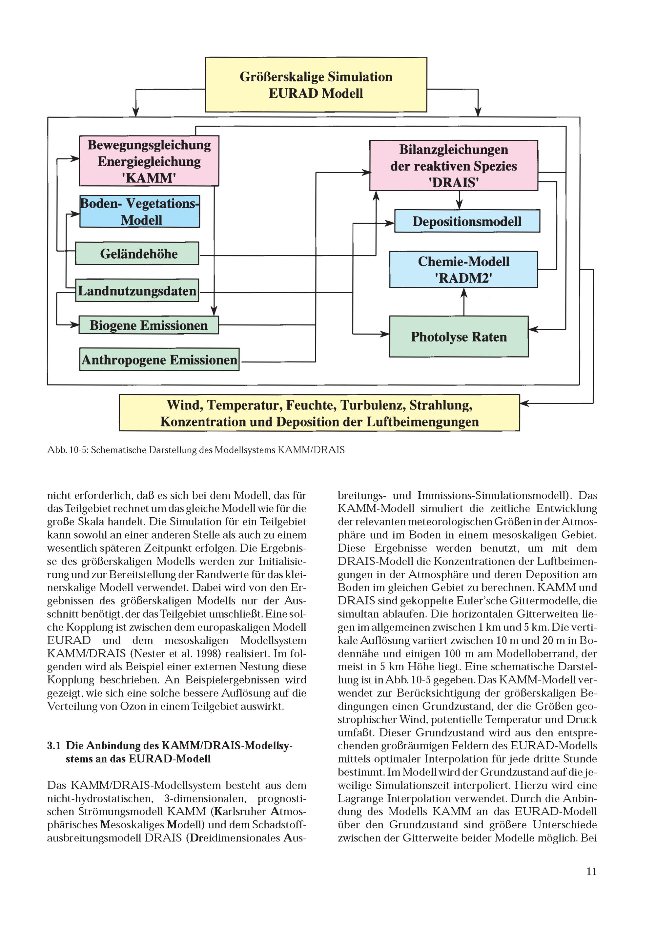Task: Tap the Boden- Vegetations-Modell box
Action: (139, 211)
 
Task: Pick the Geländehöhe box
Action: (137, 254)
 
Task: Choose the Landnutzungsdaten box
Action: (137, 291)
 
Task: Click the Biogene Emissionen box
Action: (148, 325)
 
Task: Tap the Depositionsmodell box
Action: (467, 221)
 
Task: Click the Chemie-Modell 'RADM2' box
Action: (463, 270)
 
